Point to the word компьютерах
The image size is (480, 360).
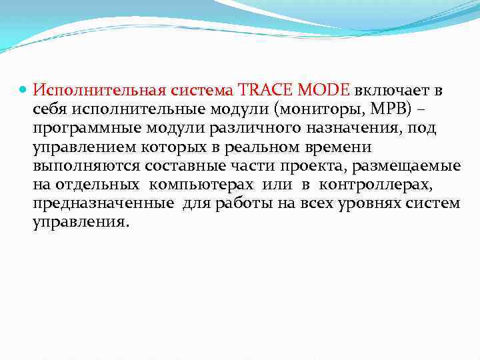(201, 185)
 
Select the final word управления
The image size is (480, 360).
(79, 222)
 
